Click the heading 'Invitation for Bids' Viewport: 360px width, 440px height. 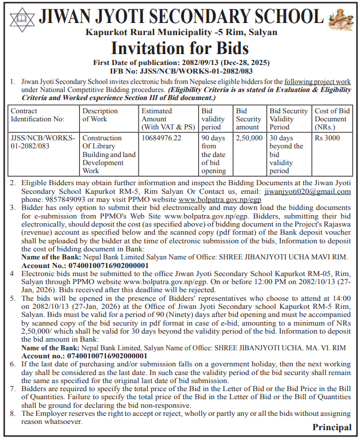179,47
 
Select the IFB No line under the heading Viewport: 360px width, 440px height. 180,70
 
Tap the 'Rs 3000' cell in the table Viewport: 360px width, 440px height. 327,138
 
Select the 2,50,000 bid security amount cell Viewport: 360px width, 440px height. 249,138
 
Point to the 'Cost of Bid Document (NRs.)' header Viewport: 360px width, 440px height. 332,118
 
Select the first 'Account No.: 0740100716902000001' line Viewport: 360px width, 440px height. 85,266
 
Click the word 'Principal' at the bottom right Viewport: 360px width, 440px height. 332,427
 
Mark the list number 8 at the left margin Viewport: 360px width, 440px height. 12,413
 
